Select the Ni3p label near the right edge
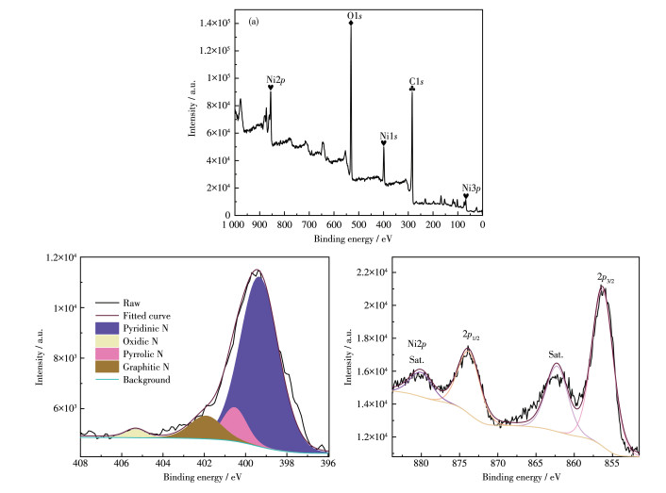pyautogui.click(x=470, y=188)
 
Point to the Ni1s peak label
pyautogui.click(x=387, y=137)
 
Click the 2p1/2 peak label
pyautogui.click(x=472, y=335)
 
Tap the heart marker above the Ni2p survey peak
pyautogui.click(x=271, y=88)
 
